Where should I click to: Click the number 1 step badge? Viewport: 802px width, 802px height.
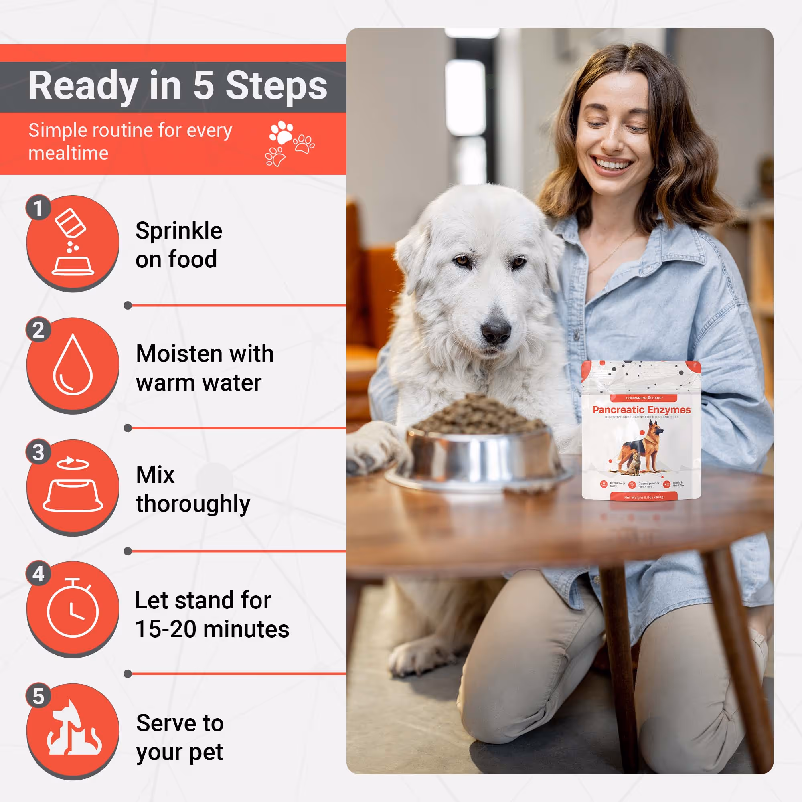click(x=38, y=208)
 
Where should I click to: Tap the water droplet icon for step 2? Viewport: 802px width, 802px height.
click(x=73, y=365)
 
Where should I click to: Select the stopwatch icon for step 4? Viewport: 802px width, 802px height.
click(x=73, y=609)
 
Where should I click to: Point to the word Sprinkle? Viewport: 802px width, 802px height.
click(x=179, y=231)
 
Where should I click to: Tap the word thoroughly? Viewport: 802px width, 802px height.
click(x=193, y=504)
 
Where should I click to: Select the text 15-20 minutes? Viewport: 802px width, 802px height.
click(x=212, y=629)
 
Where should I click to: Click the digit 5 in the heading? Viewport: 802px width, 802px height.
click(x=203, y=85)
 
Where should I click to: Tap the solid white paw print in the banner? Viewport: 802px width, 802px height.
click(x=282, y=132)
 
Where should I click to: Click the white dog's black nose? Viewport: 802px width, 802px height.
click(x=496, y=330)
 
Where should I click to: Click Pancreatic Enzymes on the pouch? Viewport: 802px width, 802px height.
click(x=641, y=410)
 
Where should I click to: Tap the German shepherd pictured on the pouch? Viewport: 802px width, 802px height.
click(x=639, y=446)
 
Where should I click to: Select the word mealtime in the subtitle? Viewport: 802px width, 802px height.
click(x=69, y=153)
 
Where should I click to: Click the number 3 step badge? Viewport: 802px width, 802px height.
click(x=38, y=452)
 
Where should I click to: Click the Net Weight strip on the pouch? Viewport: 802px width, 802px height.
click(x=644, y=497)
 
